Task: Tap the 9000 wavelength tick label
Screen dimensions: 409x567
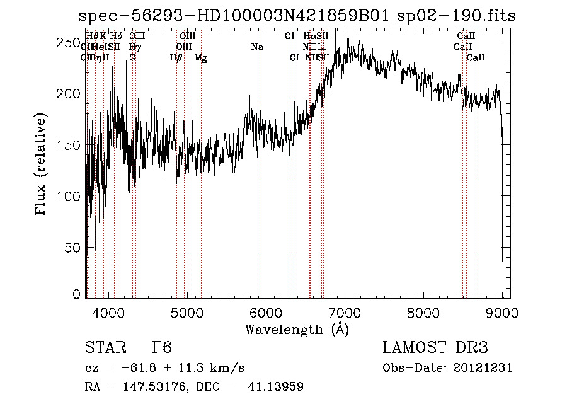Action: pos(501,313)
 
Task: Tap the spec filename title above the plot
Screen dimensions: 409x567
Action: pos(297,16)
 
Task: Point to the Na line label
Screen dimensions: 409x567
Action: pos(257,47)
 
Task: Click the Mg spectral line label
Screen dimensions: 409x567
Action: pos(200,58)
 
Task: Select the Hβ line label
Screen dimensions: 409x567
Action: pos(176,58)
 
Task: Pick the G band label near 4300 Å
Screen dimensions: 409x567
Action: pos(132,57)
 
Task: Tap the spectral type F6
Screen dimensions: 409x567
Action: pos(162,348)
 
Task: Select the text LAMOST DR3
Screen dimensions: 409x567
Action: pos(435,348)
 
